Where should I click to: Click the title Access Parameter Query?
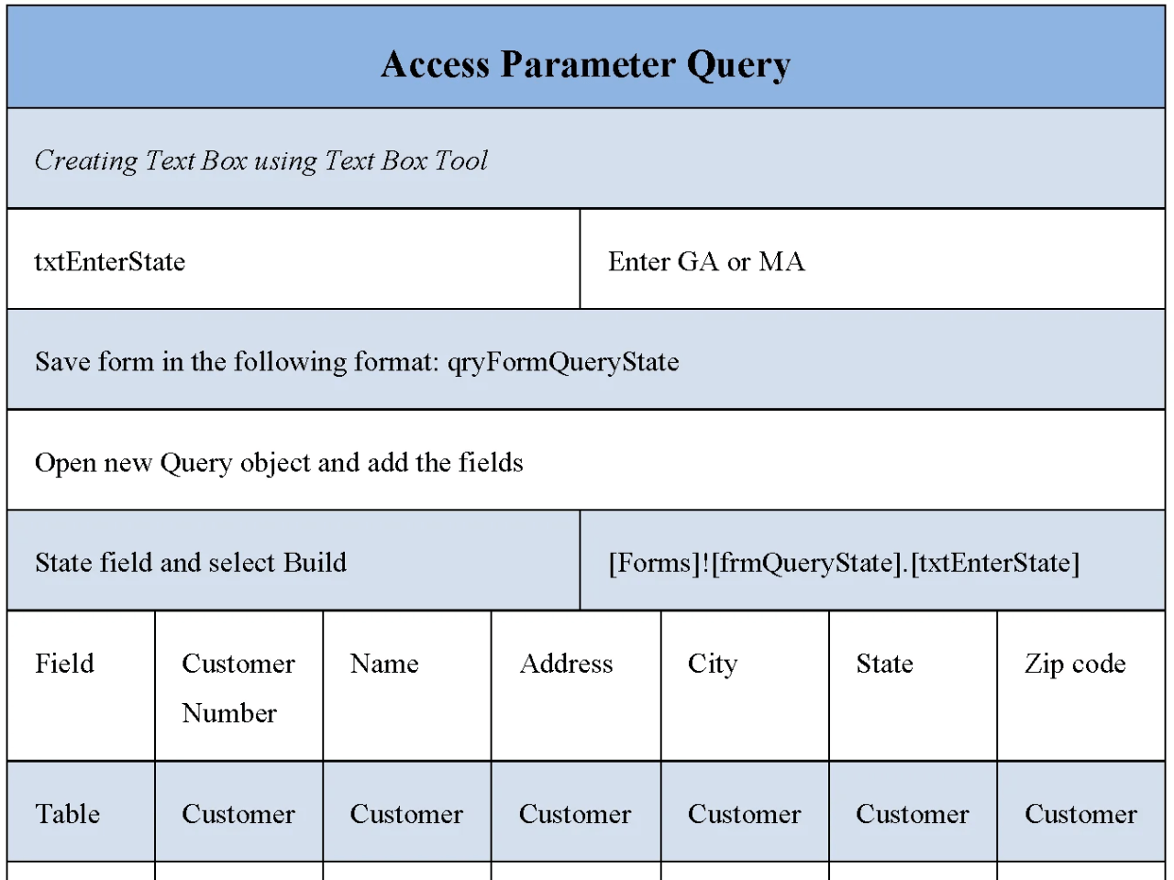click(585, 65)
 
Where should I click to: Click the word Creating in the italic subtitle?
click(85, 160)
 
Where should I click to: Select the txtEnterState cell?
click(110, 262)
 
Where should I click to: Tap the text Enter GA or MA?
click(706, 262)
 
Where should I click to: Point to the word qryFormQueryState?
click(562, 362)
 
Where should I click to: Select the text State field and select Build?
click(191, 563)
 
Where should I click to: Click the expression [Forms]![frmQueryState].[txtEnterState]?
click(844, 563)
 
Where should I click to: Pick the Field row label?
click(64, 664)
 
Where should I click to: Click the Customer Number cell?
click(238, 687)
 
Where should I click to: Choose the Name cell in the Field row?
click(384, 664)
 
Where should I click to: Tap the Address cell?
click(566, 664)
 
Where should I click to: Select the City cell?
click(712, 664)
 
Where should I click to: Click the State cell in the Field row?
click(884, 664)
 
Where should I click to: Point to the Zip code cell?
click(1075, 664)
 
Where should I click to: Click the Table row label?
click(67, 814)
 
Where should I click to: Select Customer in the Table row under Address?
click(575, 814)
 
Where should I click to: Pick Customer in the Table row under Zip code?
click(1080, 814)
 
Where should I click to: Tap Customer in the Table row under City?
click(744, 814)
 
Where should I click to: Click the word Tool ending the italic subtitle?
click(460, 160)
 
